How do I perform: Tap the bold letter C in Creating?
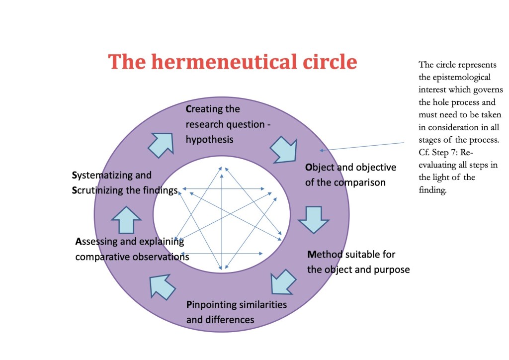(189, 109)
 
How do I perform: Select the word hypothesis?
(209, 140)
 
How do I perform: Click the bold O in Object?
(309, 168)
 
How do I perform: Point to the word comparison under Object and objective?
(359, 182)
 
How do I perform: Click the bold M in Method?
(312, 255)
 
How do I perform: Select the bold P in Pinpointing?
(189, 305)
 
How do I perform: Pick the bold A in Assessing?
(79, 242)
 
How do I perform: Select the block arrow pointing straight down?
(314, 219)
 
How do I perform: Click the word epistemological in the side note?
(454, 78)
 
